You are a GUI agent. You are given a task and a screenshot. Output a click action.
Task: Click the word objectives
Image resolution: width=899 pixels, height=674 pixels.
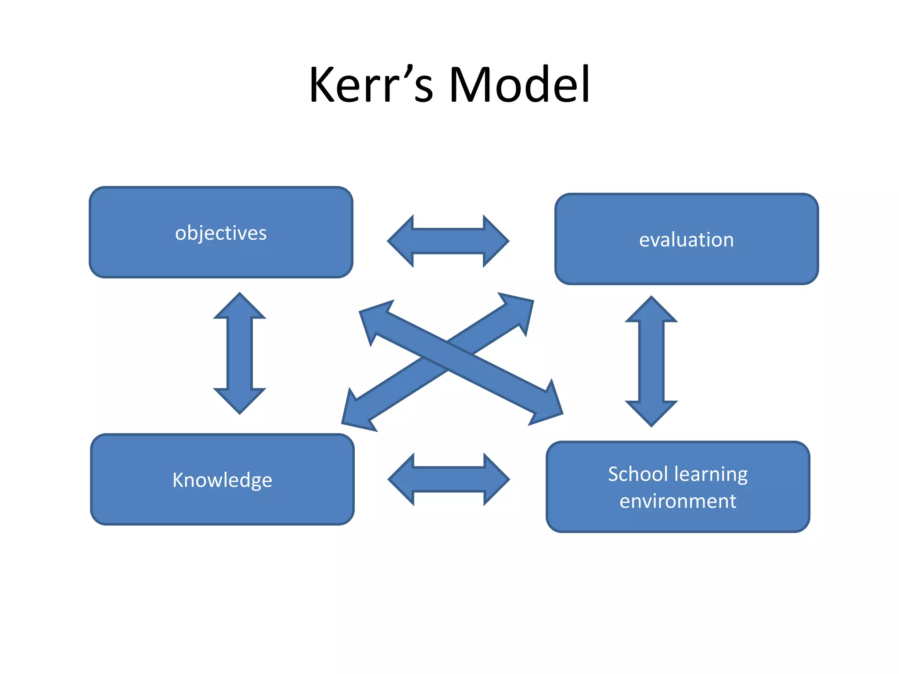221,233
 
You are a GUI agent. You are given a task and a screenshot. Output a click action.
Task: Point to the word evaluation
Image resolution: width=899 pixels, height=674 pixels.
686,240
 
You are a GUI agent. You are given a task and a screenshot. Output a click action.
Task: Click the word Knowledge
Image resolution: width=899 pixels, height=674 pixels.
222,480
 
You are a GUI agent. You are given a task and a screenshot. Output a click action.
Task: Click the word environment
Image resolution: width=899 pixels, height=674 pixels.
678,501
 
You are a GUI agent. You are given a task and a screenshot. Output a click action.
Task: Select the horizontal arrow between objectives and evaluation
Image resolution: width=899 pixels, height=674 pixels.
448,241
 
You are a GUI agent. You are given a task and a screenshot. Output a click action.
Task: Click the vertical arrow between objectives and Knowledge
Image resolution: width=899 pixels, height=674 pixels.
240,353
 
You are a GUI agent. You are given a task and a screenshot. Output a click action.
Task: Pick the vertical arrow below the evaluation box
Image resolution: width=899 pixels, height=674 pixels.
651,361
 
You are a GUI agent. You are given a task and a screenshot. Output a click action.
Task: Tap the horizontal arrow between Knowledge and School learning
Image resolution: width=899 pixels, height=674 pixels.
449,480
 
